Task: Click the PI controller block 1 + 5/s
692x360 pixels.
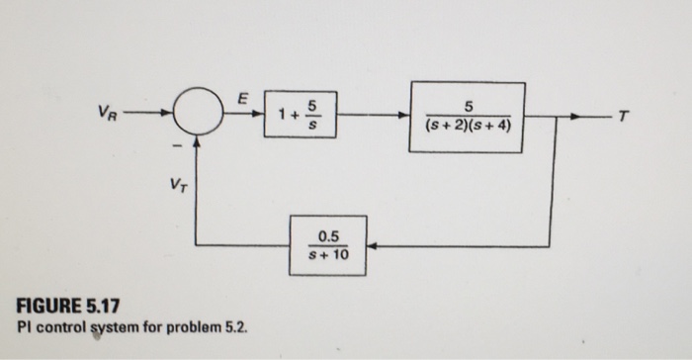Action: [302, 118]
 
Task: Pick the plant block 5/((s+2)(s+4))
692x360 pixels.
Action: [468, 118]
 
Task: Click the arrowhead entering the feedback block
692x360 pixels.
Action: [373, 245]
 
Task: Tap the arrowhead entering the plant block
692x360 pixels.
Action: [405, 118]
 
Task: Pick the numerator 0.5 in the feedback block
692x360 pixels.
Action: [327, 235]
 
